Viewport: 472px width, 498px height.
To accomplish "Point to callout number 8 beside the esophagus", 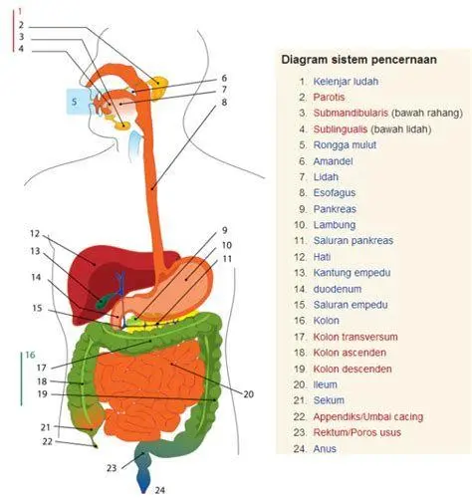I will coord(224,103).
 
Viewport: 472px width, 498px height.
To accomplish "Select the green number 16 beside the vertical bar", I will coord(30,356).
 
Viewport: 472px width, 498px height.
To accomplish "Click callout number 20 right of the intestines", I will coord(248,392).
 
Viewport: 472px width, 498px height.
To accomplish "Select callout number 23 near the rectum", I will coord(112,467).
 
